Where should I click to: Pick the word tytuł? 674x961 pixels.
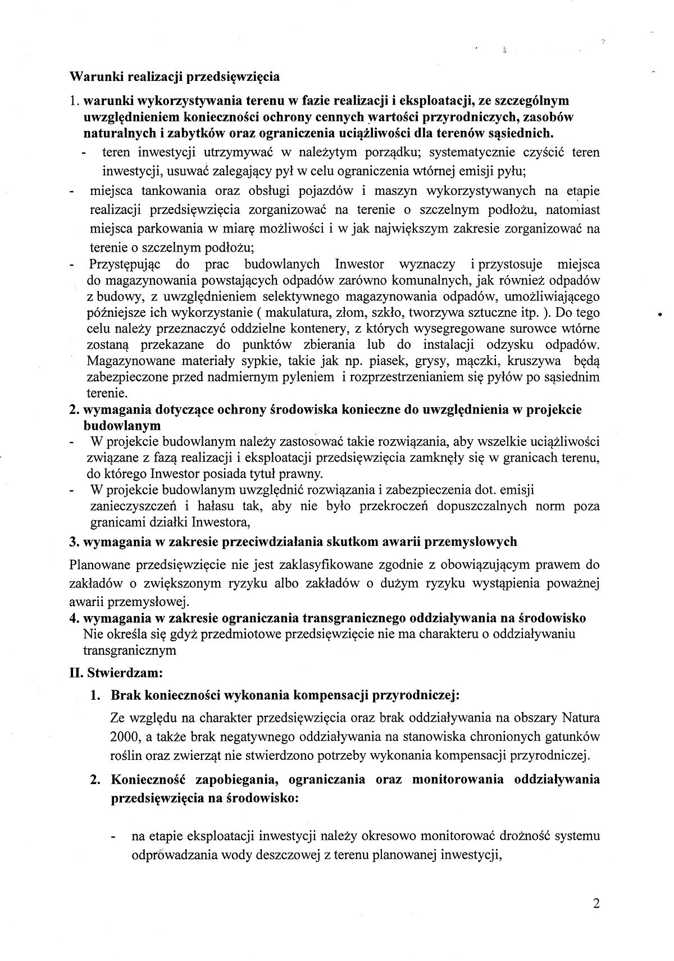coord(269,473)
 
